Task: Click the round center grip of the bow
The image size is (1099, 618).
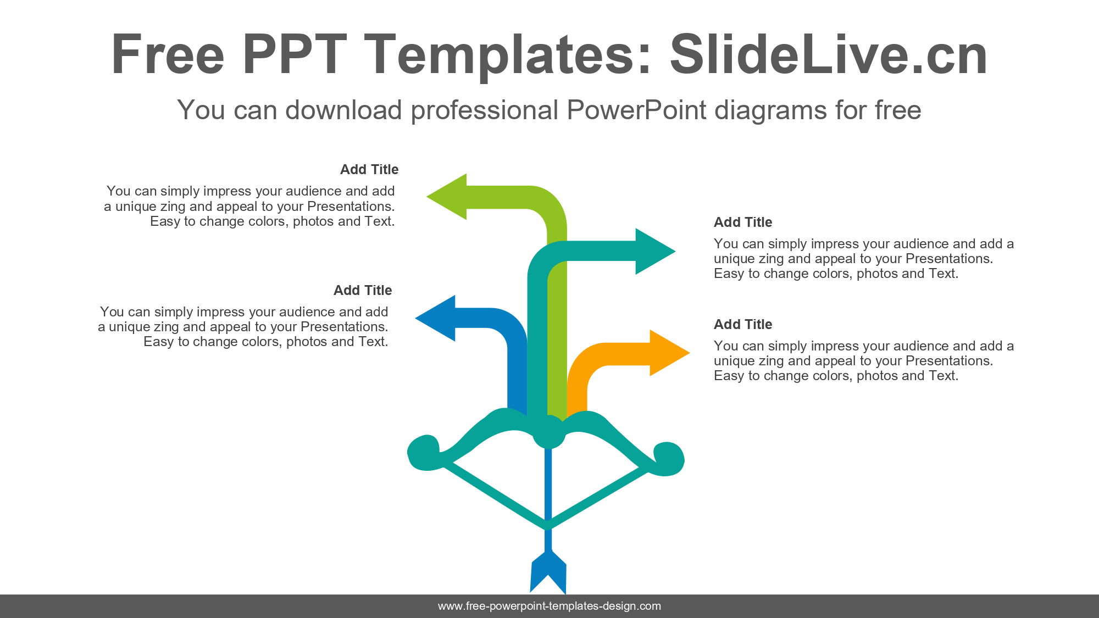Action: click(548, 432)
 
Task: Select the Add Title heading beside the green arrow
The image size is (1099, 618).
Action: click(369, 170)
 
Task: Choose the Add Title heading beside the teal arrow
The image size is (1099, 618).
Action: click(743, 222)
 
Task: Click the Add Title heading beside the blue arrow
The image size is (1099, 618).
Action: click(363, 291)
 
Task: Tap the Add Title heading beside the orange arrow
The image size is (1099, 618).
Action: click(743, 325)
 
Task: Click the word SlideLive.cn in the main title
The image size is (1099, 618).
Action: click(829, 54)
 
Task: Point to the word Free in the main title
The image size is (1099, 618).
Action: click(168, 54)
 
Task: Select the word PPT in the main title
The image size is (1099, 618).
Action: click(295, 54)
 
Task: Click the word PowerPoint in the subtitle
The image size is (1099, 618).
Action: click(636, 110)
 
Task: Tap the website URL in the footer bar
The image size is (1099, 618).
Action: click(549, 606)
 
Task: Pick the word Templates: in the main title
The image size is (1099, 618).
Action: click(508, 54)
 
